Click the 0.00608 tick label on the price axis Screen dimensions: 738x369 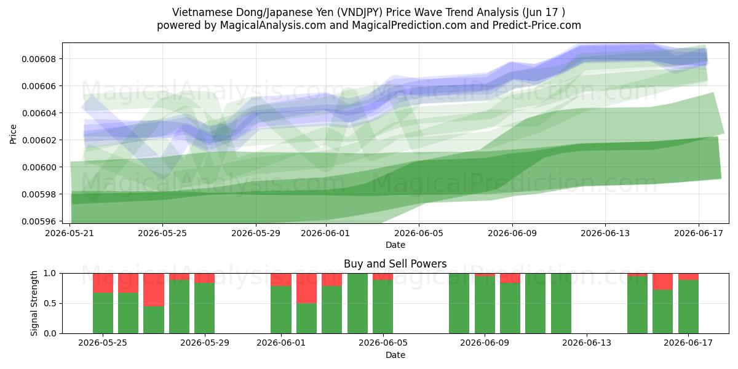[x=39, y=59]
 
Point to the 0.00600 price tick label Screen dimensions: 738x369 [x=39, y=167]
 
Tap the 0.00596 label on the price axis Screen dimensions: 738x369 [x=39, y=221]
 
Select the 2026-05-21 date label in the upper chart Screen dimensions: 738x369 [x=69, y=233]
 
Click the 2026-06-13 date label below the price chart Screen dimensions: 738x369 [x=605, y=233]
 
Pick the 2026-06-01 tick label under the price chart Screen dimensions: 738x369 [x=326, y=233]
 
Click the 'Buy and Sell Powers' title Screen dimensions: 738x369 [x=395, y=264]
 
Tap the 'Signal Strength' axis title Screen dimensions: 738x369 [x=34, y=303]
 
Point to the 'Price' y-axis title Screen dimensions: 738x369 [x=13, y=134]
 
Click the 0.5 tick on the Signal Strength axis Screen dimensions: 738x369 [x=50, y=303]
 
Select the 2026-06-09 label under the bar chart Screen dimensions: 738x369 [x=485, y=343]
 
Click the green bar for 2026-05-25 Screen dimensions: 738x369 [x=103, y=313]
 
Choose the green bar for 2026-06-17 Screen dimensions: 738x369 [x=688, y=307]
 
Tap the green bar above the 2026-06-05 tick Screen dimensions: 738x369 [x=383, y=307]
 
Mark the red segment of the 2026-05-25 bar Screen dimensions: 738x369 [x=103, y=283]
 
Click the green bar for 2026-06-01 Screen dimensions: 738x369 [x=281, y=310]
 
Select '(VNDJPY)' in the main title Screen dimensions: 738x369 [x=360, y=12]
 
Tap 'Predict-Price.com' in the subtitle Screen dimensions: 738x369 [x=537, y=25]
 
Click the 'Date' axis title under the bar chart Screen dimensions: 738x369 [x=395, y=355]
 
